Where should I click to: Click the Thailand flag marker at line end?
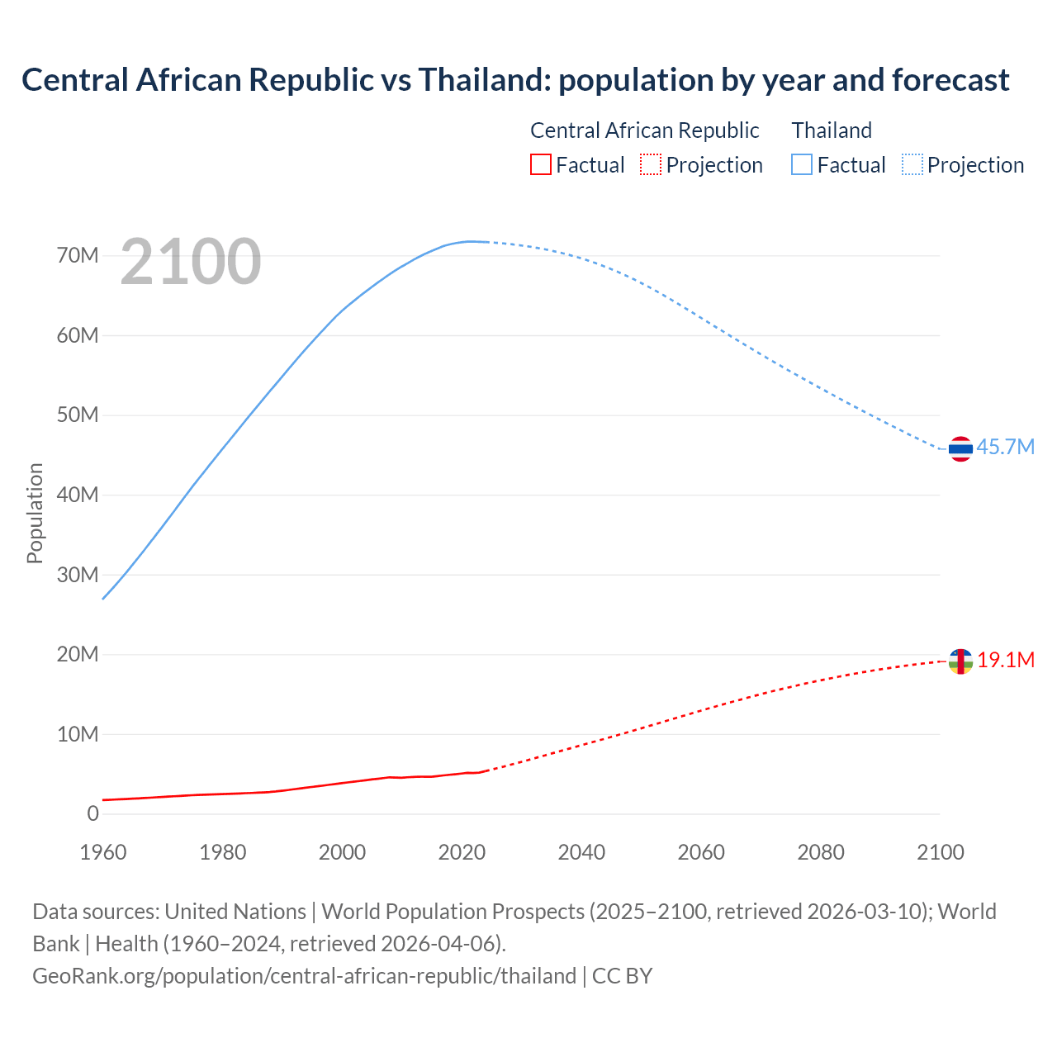(960, 448)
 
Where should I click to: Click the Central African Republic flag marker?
(960, 661)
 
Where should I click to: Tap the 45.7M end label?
(1005, 447)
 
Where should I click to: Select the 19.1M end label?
(1006, 660)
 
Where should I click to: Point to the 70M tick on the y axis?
(78, 255)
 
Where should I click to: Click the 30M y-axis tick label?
(78, 574)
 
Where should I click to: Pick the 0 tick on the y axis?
(92, 813)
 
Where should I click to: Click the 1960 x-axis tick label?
(103, 852)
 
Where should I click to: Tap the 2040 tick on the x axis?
(581, 852)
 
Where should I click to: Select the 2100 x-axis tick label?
(941, 852)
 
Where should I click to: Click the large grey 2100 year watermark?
(191, 262)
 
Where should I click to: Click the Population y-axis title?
(35, 513)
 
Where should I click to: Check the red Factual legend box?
(540, 164)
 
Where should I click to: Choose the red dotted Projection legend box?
(651, 164)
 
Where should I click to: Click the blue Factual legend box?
(802, 164)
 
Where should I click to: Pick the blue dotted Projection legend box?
(912, 164)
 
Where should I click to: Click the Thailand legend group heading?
(832, 130)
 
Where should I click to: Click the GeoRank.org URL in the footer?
(304, 975)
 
